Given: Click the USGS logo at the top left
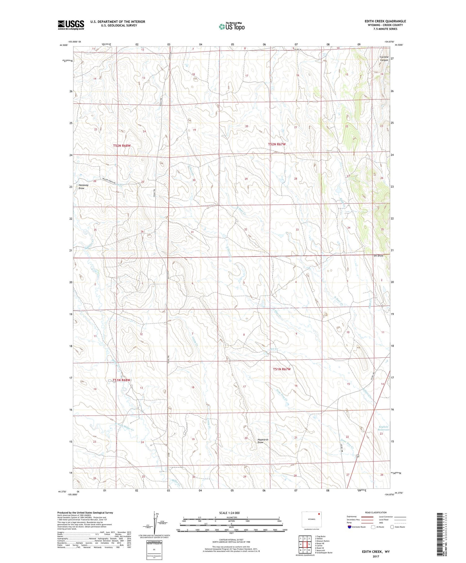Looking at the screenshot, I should [71, 25].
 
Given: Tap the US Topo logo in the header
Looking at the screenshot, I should [231, 27].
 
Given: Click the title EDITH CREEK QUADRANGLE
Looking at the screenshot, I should [385, 21].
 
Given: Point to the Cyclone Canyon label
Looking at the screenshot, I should [384, 58].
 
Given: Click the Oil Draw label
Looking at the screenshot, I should [378, 256].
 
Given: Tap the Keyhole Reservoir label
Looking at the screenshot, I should [383, 428].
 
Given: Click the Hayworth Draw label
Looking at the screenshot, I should [263, 441].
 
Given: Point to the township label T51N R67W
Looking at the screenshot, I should [281, 369].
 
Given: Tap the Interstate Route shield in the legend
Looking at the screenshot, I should [349, 527].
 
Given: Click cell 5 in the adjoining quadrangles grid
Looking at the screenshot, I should [309, 544].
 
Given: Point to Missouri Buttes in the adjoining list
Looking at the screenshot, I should [322, 541].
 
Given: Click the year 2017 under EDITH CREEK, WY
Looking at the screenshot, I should [376, 556].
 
